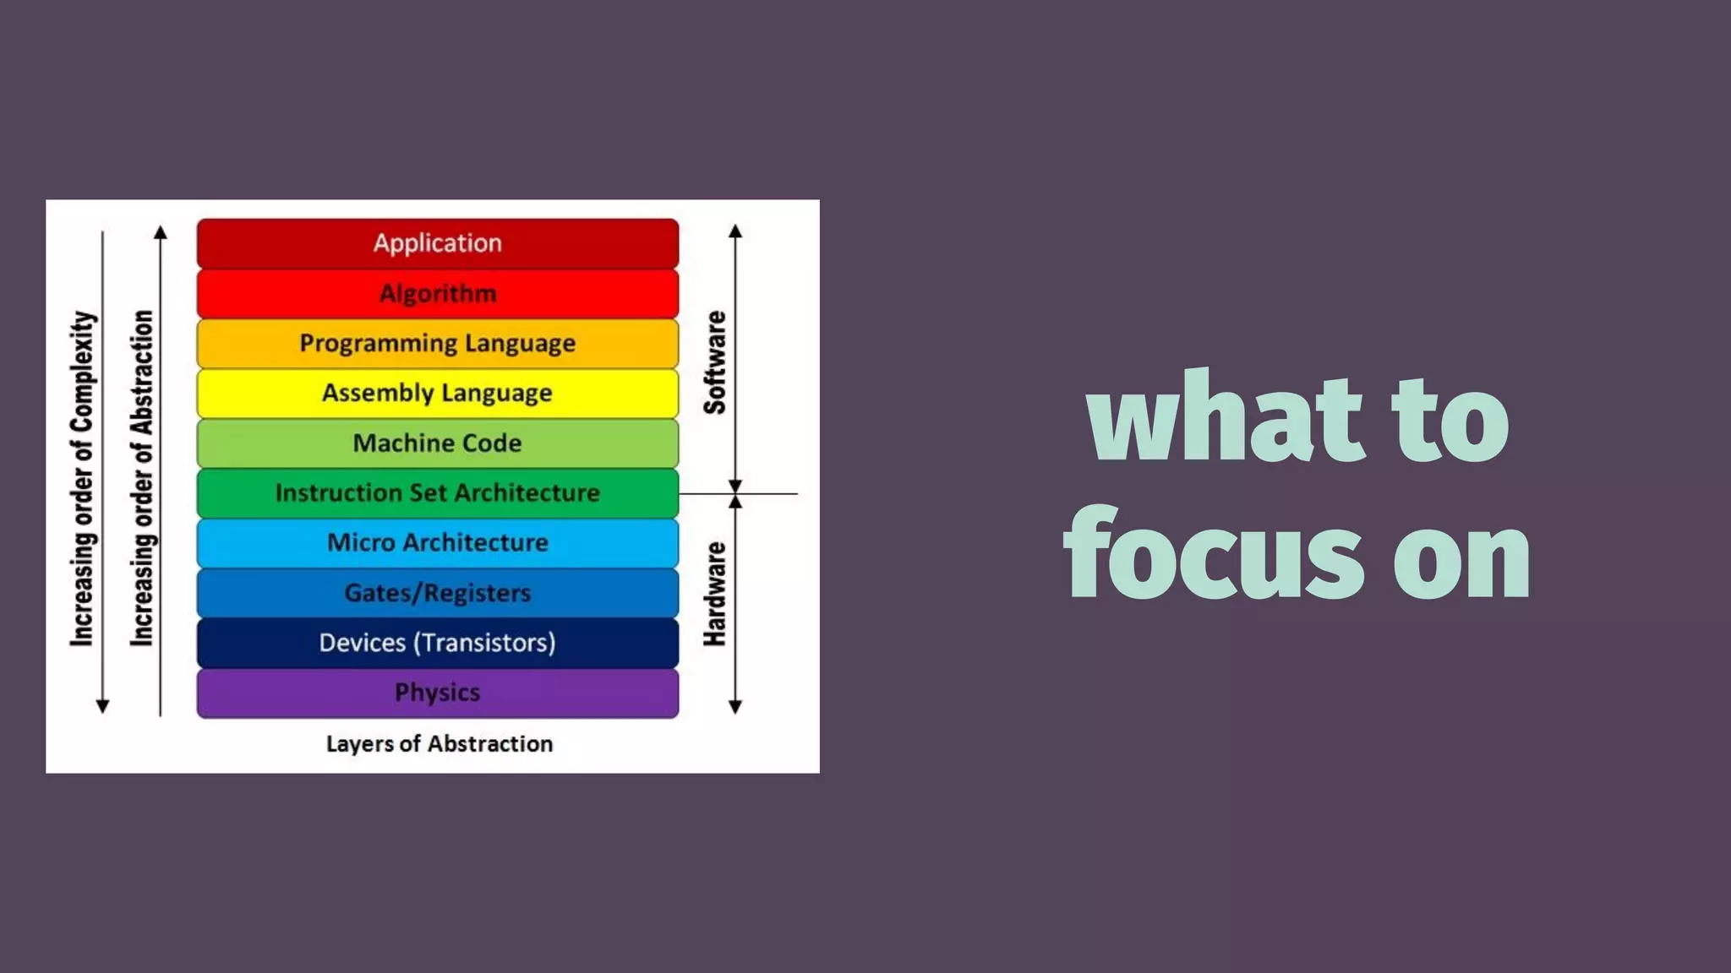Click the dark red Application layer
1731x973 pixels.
(437, 243)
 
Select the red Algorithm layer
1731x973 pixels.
(437, 293)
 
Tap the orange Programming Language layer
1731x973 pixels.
(437, 343)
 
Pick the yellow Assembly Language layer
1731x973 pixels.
(437, 393)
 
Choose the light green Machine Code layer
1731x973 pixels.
(437, 443)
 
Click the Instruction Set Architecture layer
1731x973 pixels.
(437, 492)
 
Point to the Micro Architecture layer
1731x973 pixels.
(437, 542)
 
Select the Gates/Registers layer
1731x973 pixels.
(437, 592)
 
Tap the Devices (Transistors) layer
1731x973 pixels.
(437, 643)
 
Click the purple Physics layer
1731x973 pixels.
(437, 693)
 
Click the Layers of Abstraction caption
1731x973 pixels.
(440, 744)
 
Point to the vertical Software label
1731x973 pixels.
(715, 362)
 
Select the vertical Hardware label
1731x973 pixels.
(715, 594)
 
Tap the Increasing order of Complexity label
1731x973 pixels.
(83, 479)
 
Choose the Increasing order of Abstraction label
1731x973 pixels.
(142, 479)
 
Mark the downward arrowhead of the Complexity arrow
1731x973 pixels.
(102, 706)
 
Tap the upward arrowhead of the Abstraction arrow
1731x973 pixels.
(161, 232)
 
